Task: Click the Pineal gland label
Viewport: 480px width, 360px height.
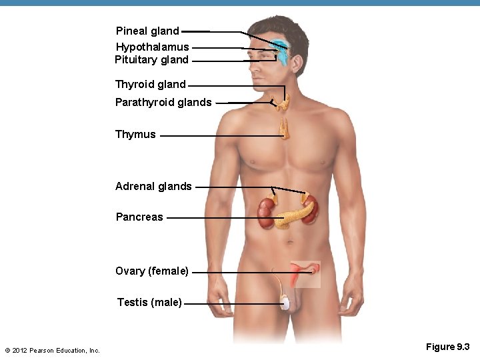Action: [x=147, y=31]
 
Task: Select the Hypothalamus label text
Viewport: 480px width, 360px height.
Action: [x=152, y=47]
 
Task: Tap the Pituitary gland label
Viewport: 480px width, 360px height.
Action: [x=151, y=60]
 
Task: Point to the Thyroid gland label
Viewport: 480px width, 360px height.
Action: [x=150, y=85]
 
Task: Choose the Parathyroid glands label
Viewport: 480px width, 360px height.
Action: [x=163, y=103]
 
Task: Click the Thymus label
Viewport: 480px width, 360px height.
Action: [x=135, y=135]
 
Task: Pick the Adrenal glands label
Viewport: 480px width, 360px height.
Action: [x=153, y=187]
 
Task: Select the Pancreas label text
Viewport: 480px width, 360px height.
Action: [x=139, y=217]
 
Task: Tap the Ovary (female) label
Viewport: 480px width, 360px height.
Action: [x=152, y=271]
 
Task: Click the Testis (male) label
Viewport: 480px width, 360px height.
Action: [x=149, y=303]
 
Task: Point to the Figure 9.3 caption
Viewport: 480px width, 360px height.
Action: [x=448, y=347]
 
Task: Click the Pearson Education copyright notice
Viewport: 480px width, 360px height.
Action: [x=52, y=351]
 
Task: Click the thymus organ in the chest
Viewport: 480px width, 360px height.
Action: [x=285, y=129]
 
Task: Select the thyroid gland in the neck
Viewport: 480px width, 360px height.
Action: [x=285, y=101]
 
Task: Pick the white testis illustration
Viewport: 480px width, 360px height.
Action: [x=286, y=303]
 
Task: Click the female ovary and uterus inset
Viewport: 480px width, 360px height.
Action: [x=305, y=273]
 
